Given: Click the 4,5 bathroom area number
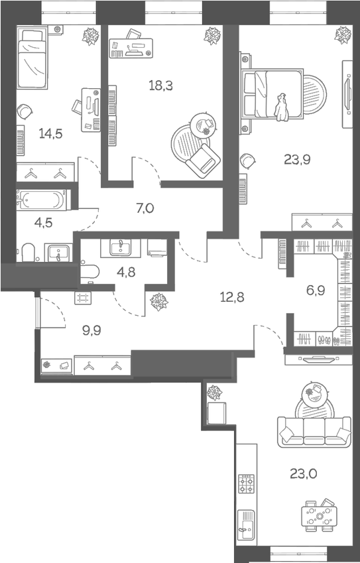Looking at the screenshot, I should (44, 221).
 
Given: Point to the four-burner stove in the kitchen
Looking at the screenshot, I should (247, 484).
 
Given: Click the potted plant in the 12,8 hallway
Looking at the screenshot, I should (159, 303).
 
